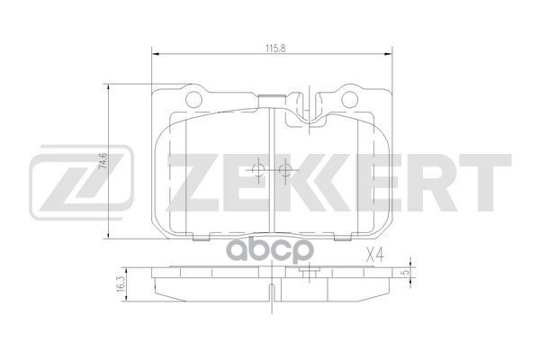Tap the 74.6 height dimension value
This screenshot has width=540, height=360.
[x=104, y=163]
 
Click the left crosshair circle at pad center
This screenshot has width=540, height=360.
[x=257, y=169]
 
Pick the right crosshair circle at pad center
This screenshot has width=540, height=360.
[x=285, y=169]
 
